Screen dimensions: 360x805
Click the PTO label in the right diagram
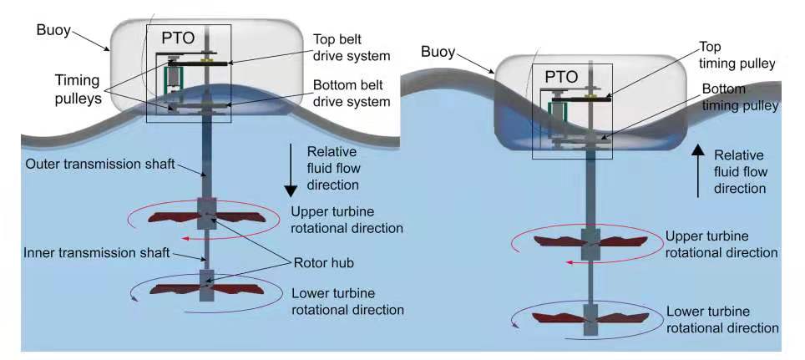click(x=561, y=77)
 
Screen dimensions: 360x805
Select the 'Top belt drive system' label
click(x=352, y=48)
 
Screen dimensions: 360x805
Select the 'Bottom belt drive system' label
click(x=352, y=94)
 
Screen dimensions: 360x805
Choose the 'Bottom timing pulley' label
click(x=739, y=97)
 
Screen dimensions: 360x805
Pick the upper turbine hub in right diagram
click(x=591, y=243)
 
